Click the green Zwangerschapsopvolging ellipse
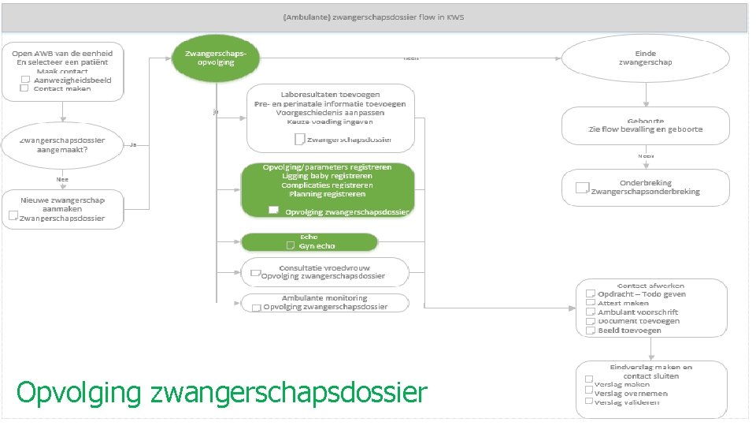click(216, 57)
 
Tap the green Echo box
click(309, 241)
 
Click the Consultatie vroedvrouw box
click(324, 271)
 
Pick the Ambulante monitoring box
click(324, 302)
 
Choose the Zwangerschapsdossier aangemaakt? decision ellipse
click(63, 144)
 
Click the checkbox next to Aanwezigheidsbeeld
click(25, 80)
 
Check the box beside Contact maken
click(24, 88)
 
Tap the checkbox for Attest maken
click(589, 303)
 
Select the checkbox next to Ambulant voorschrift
click(589, 312)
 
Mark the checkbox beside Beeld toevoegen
click(589, 331)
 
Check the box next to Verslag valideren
click(587, 402)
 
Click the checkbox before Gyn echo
click(291, 246)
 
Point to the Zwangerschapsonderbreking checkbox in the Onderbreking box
click(583, 188)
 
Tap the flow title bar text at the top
click(375, 18)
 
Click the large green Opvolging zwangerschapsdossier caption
click(221, 391)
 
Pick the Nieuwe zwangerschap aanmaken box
click(63, 209)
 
